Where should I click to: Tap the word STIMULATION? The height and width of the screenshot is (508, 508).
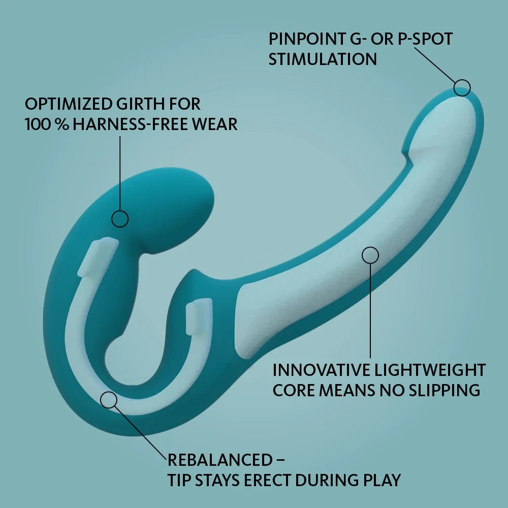(323, 59)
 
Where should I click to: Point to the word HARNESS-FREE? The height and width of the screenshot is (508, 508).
(133, 124)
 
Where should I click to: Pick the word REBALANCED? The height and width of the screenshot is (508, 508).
(220, 460)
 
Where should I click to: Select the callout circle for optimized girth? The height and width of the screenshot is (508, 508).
(120, 219)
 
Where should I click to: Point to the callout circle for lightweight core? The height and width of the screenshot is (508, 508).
(370, 255)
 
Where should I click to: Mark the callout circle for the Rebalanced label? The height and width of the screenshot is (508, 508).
(109, 400)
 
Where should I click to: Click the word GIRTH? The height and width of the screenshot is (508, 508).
(142, 104)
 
